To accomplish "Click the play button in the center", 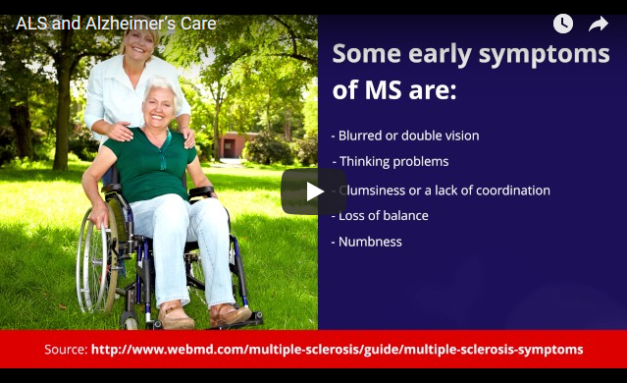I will coord(314,191).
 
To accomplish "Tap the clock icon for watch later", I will coord(562,24).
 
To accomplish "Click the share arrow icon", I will coord(599,24).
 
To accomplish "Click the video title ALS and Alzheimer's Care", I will coord(116,24).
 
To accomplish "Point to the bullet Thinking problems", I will coord(393,161).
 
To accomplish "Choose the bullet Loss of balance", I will coord(383,215).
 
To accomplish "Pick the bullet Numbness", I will coord(370,242).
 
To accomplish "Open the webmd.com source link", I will coord(337,350).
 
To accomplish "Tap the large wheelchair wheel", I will coord(99,260).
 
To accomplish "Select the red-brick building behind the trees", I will coord(236,143).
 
